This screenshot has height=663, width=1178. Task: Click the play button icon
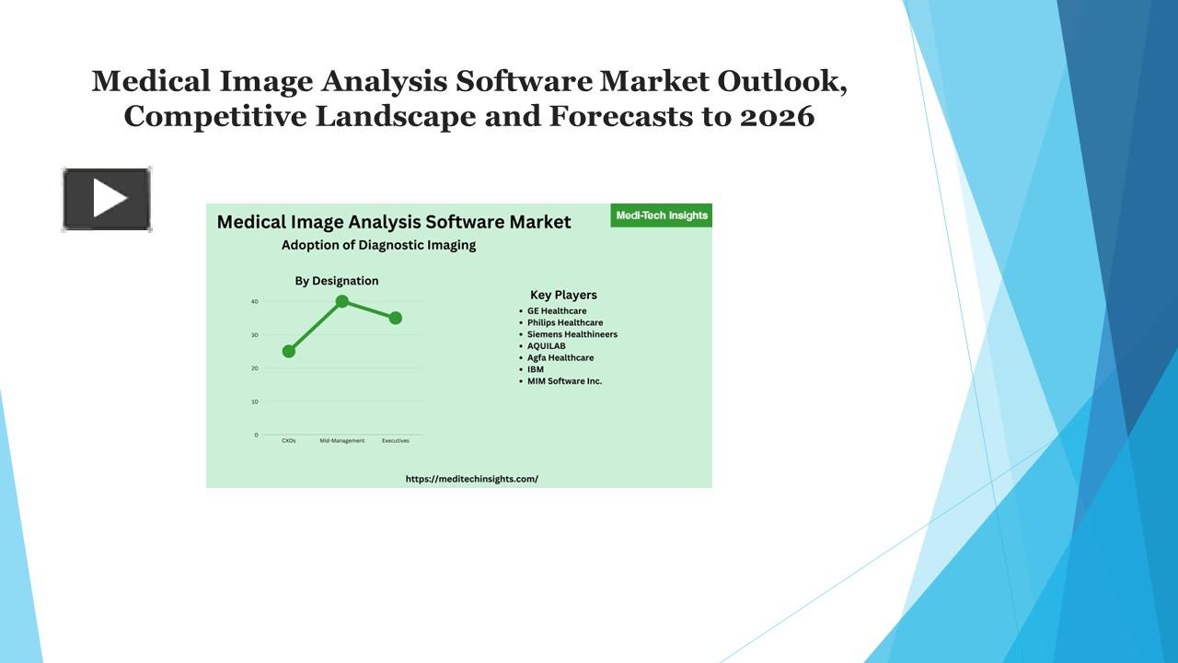pos(107,199)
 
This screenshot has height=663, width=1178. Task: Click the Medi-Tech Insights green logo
pos(661,215)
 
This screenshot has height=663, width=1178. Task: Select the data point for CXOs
pos(289,351)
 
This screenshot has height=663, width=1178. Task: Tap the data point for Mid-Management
pos(342,301)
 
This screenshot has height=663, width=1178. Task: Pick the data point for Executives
pos(396,318)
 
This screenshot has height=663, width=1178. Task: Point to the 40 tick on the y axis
pos(254,301)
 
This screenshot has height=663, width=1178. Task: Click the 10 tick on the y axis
pos(254,401)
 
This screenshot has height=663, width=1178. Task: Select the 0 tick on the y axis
pos(256,435)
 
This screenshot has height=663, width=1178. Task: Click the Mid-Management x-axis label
pos(342,441)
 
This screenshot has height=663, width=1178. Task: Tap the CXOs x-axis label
pos(289,441)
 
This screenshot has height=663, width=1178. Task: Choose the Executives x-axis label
pos(396,441)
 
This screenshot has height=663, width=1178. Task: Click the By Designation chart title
pos(337,281)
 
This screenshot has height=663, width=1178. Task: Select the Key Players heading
pos(563,295)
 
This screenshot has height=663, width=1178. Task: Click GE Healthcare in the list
pos(557,311)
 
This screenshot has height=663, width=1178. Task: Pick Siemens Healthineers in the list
pos(572,334)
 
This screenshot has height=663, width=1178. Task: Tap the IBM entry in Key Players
pos(536,369)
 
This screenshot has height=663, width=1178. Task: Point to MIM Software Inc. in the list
pos(564,381)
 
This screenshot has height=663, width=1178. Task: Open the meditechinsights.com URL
pos(472,479)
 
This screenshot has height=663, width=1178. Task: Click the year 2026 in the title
pos(777,117)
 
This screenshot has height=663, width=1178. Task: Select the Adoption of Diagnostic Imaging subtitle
pos(378,245)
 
